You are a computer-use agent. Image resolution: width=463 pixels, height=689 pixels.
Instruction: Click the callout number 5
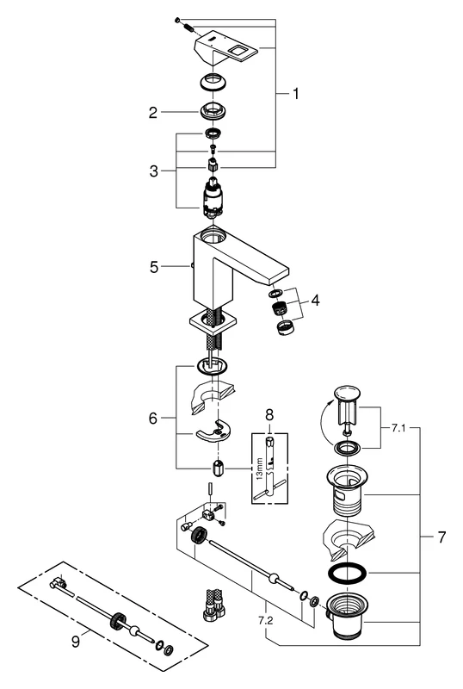[x=154, y=268]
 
